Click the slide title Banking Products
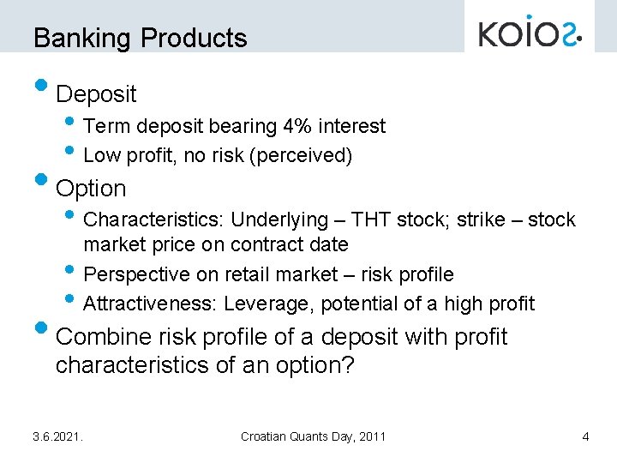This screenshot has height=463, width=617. point(140,38)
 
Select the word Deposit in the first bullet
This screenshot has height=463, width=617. point(96,93)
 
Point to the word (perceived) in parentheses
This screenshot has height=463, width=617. point(309,155)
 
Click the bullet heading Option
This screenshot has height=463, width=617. point(90,189)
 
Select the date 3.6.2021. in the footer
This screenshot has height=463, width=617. point(57,436)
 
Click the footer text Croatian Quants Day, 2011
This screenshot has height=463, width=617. point(313,436)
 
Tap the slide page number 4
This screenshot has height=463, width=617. point(585,436)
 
